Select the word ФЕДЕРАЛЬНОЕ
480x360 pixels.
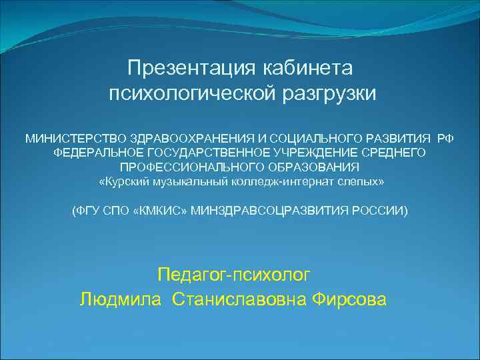pyautogui.click(x=94, y=153)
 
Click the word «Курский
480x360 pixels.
pyautogui.click(x=120, y=181)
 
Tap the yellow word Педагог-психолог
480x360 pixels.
pyautogui.click(x=234, y=274)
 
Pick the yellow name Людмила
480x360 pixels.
pyautogui.click(x=120, y=299)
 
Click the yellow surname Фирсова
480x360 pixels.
pyautogui.click(x=348, y=299)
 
